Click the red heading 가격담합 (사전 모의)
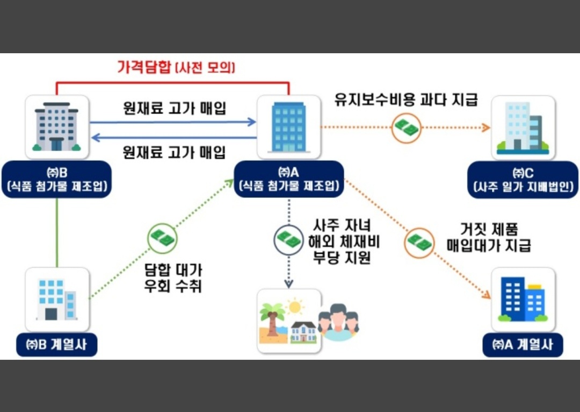point(176,68)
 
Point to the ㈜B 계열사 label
point(56,345)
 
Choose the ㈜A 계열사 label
point(523,345)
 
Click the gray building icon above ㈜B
point(56,127)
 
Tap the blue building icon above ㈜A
point(289,127)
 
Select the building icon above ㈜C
point(523,128)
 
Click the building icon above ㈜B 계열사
point(57,299)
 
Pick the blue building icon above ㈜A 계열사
point(523,299)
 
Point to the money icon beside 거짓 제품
point(419,242)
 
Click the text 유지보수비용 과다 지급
point(405,100)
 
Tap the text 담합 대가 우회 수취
point(173,278)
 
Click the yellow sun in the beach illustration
point(295,307)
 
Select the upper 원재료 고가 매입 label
point(173,108)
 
